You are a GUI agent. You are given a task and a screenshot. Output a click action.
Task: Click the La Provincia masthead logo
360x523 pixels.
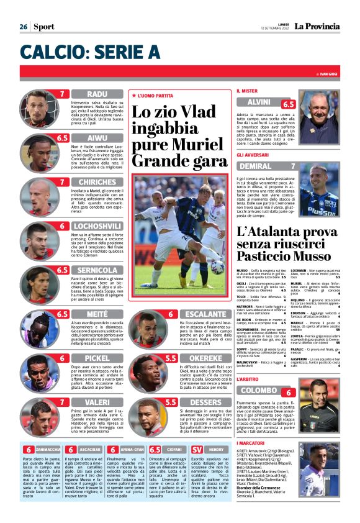[317, 26]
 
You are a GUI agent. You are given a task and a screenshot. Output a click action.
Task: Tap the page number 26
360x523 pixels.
[23, 27]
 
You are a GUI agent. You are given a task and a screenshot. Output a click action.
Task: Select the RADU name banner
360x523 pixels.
[96, 94]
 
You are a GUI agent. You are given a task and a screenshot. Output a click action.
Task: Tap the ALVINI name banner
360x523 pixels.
[258, 102]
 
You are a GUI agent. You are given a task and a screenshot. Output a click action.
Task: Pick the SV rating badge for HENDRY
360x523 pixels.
[197, 449]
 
